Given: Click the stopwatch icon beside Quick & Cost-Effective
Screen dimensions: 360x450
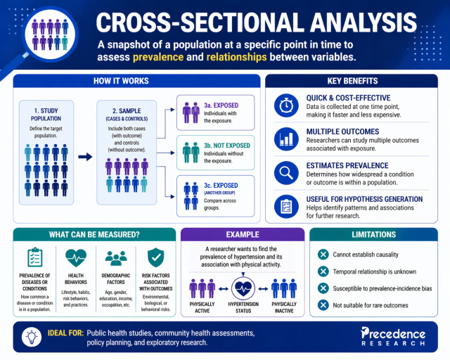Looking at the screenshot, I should (286, 104).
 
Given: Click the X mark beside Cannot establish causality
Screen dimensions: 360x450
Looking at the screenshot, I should (323, 255).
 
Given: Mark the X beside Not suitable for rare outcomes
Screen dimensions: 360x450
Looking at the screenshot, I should (323, 304).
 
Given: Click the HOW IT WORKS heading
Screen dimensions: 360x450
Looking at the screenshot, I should (131, 81).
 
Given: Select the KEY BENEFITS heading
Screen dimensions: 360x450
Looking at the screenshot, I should (352, 81).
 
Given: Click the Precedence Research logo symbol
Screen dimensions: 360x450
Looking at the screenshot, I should (366, 332).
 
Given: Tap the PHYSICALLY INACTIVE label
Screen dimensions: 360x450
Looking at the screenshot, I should (285, 307).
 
